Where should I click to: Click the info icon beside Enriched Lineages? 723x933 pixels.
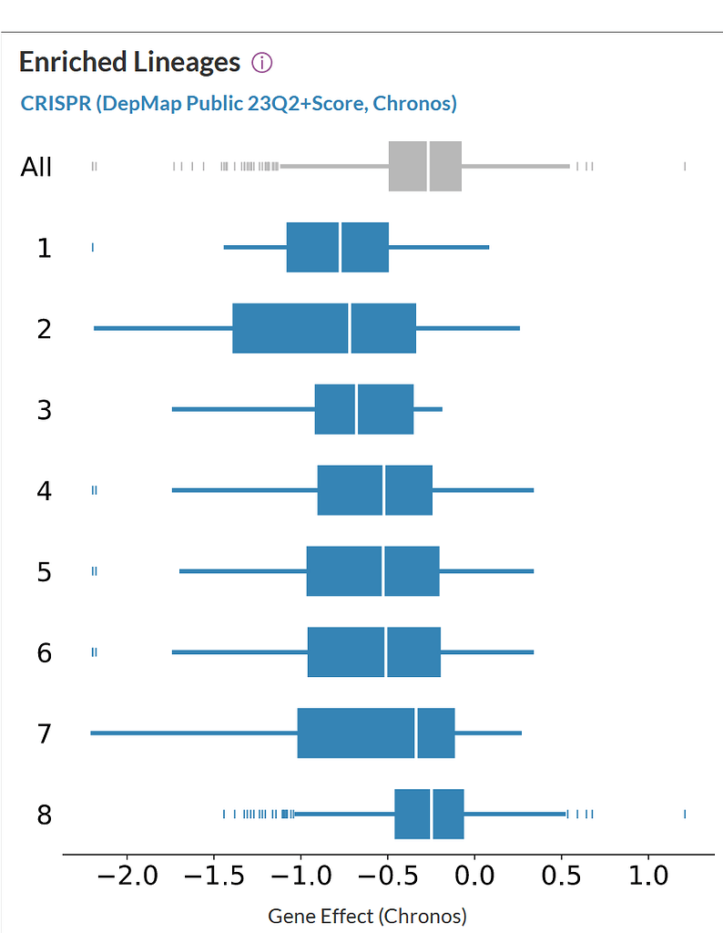click(262, 63)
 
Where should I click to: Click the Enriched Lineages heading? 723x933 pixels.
click(129, 63)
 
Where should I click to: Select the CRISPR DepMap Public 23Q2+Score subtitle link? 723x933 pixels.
click(239, 103)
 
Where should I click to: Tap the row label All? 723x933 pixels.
click(36, 167)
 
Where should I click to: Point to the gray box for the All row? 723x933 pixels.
click(424, 167)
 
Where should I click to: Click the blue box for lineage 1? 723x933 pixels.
click(337, 247)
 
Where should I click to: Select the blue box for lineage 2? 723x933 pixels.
click(324, 328)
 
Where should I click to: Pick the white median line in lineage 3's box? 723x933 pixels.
click(356, 409)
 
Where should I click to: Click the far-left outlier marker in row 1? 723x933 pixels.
click(93, 247)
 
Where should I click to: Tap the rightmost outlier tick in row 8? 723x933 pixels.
click(684, 815)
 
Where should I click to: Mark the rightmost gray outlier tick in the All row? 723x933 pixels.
click(684, 166)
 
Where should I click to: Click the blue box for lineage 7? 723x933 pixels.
click(375, 733)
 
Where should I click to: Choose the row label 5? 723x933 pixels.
click(44, 572)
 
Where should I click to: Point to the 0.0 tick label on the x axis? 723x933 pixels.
click(474, 878)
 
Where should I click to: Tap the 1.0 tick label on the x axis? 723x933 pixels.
click(648, 878)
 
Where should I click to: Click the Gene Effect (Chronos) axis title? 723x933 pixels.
click(367, 915)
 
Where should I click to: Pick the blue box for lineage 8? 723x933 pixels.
click(429, 815)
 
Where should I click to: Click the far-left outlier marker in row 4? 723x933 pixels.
click(95, 490)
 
